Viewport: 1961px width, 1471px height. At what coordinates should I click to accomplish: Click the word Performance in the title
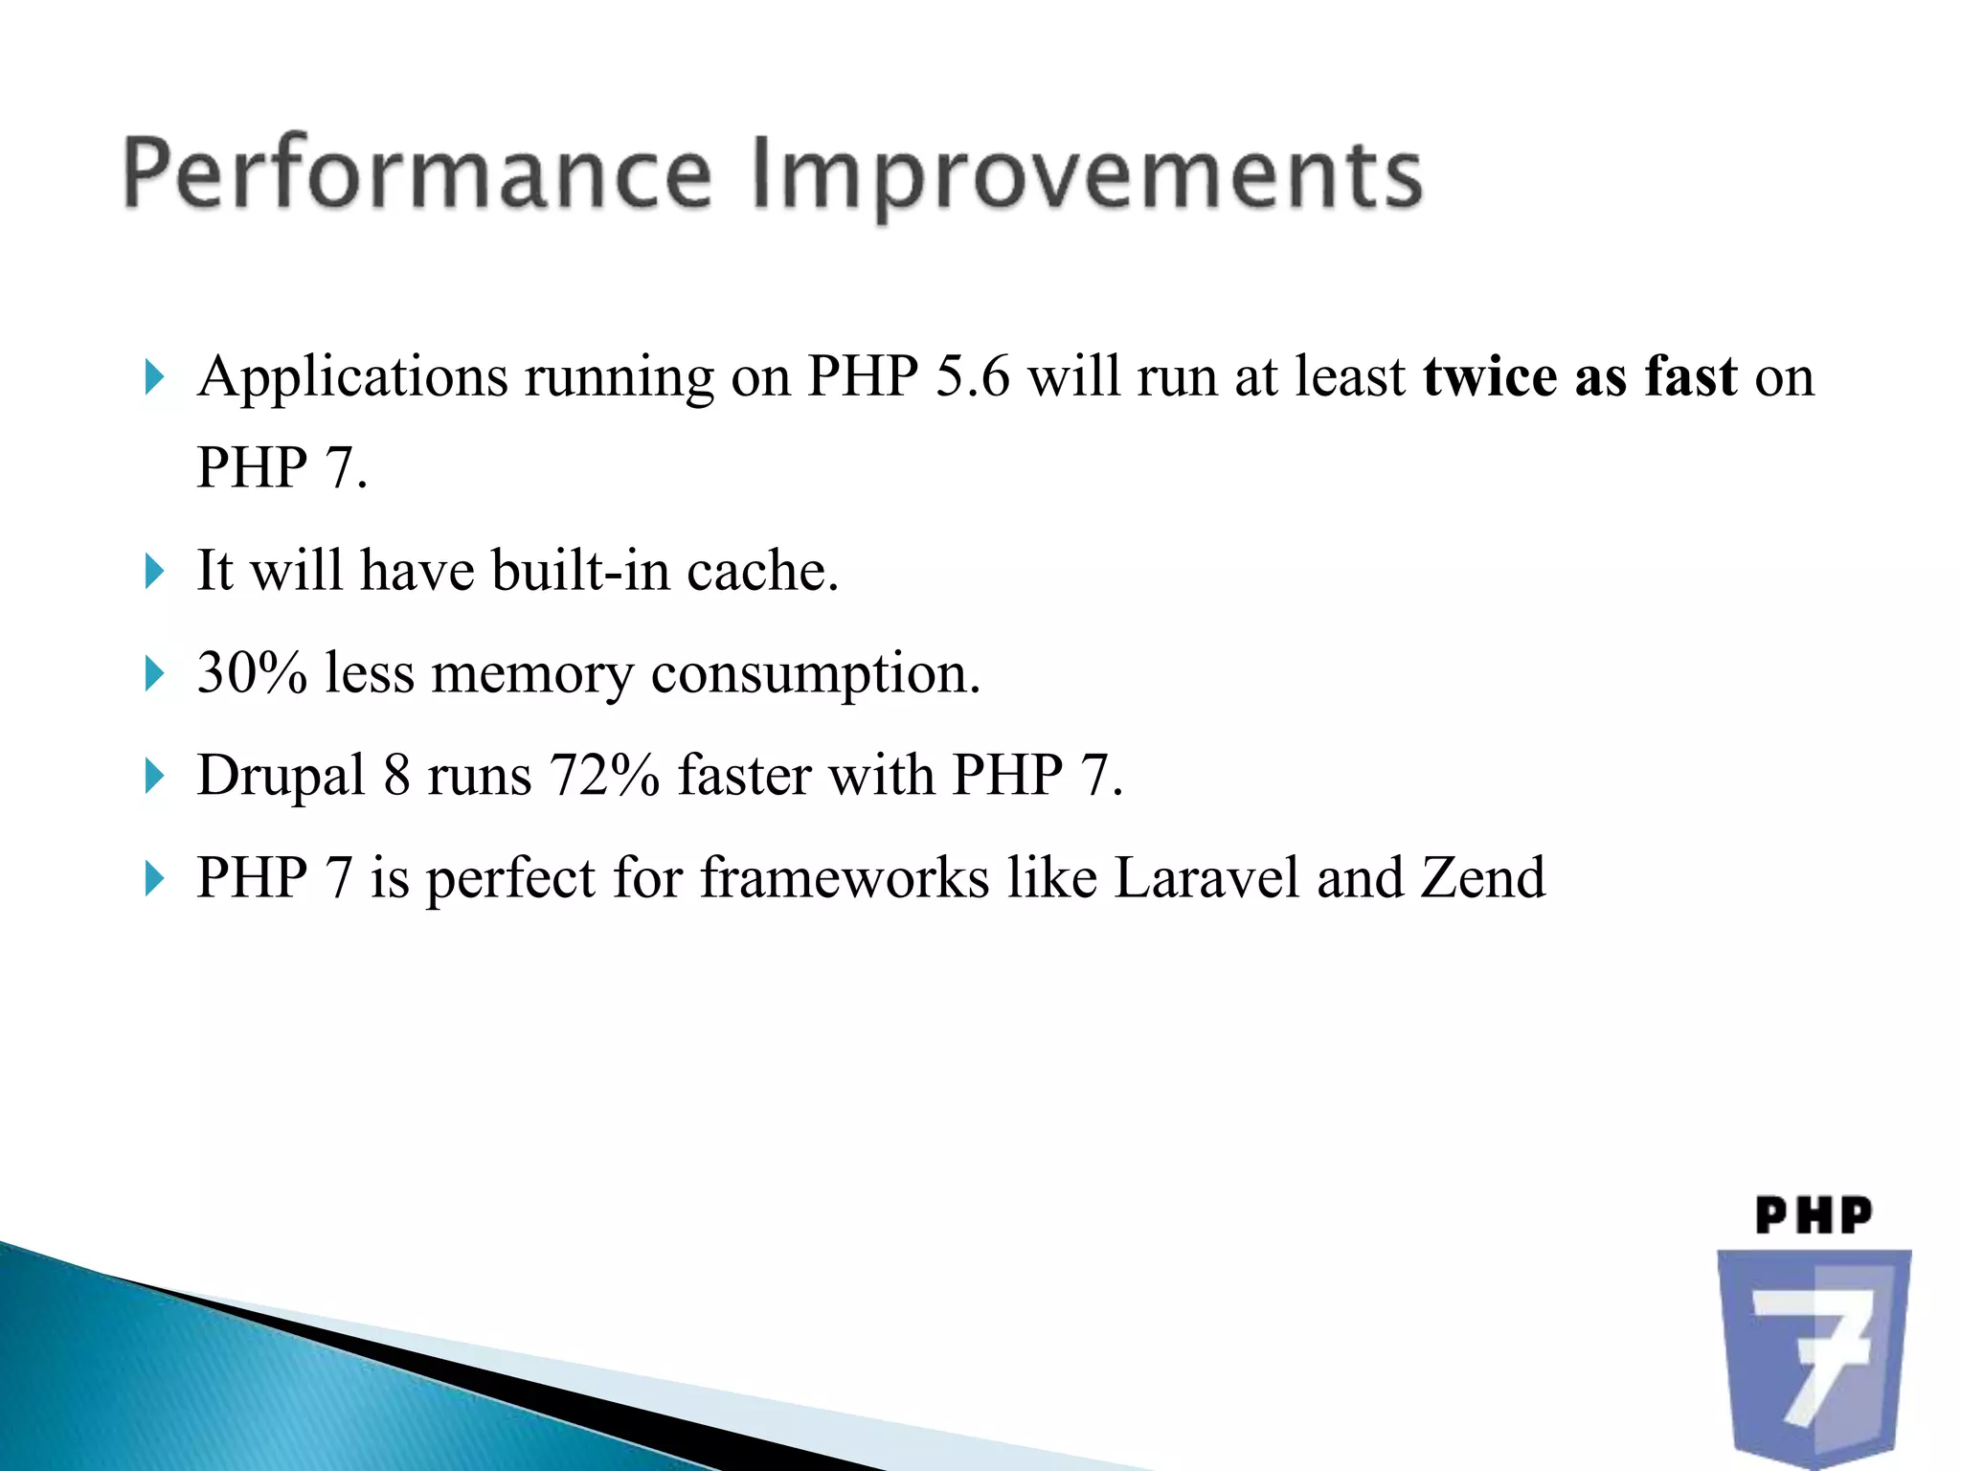click(x=417, y=174)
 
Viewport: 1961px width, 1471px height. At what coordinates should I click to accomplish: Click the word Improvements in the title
click(x=1088, y=176)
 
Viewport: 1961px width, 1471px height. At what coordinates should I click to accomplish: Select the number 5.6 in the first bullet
click(x=972, y=375)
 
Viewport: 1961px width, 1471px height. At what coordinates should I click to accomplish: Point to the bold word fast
click(x=1690, y=375)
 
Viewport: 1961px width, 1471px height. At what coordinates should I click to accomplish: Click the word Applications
click(x=351, y=377)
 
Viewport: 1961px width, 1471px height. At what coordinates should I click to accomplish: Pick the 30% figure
click(x=252, y=672)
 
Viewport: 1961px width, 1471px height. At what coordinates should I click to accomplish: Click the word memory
click(x=532, y=674)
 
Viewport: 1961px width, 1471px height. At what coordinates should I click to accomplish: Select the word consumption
click(x=816, y=674)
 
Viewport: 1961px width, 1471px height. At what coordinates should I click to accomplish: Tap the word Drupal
click(x=282, y=776)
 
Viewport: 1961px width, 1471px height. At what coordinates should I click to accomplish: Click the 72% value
click(x=604, y=775)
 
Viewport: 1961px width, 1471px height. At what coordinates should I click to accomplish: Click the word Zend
click(x=1482, y=877)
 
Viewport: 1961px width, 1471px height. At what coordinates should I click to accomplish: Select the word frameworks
click(x=845, y=877)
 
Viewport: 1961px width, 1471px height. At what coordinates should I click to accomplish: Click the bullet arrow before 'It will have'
click(x=154, y=571)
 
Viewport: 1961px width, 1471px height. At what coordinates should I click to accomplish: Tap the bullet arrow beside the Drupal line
click(x=154, y=775)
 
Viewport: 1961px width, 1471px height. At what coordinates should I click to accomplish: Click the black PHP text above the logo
click(x=1814, y=1216)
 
